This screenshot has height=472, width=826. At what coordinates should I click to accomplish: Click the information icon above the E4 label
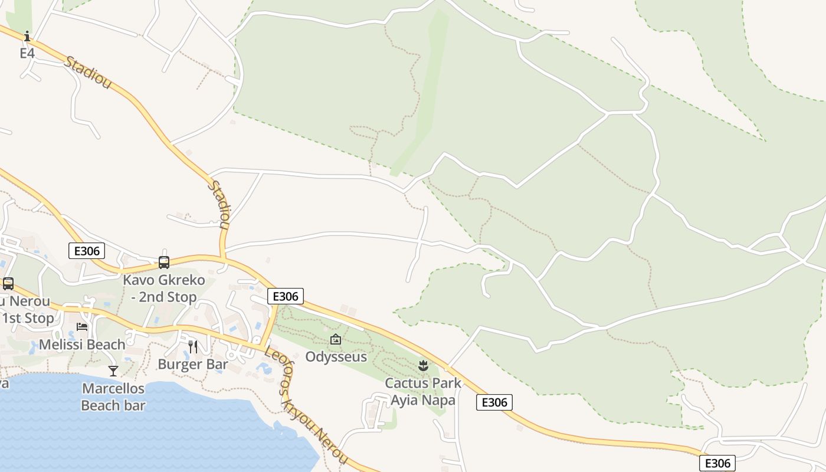27,37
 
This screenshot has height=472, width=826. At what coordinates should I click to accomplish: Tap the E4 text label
27,53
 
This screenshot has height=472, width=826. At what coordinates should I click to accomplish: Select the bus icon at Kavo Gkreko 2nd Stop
164,263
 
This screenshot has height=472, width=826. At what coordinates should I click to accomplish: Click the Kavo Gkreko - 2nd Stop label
164,289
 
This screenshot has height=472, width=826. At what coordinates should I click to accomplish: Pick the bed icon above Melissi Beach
82,327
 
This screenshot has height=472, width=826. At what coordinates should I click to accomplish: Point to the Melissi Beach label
82,345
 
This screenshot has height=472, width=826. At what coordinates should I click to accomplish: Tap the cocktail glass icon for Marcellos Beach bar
113,371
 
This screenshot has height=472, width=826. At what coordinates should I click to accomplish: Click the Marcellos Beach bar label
113,397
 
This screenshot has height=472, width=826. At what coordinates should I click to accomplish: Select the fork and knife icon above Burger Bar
193,346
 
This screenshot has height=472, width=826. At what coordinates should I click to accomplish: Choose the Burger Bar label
193,365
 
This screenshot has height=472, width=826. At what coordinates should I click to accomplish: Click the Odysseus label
336,357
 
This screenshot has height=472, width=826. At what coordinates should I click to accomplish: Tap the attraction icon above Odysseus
336,339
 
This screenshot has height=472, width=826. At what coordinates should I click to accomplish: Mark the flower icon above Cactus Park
423,366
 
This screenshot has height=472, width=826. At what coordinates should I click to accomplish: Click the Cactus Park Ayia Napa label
423,392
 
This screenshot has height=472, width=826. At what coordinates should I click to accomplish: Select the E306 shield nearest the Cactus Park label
494,402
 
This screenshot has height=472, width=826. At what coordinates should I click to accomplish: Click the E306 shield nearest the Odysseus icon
286,296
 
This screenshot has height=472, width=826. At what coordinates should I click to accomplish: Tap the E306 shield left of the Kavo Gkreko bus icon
87,251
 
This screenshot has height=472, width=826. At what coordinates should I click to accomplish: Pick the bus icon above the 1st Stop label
8,284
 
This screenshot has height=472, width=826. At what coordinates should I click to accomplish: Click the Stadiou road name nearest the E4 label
88,73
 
